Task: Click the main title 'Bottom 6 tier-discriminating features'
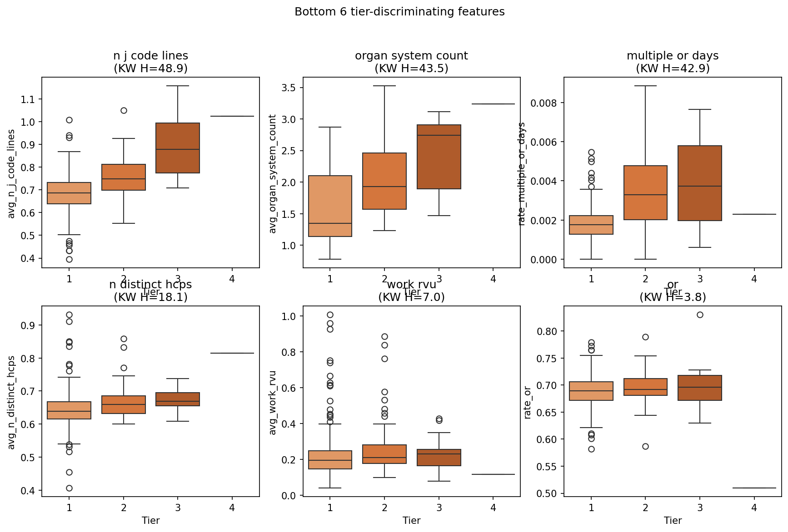click(399, 12)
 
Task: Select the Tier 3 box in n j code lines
click(178, 148)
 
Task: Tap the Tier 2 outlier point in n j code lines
click(124, 110)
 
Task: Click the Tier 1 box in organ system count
click(330, 206)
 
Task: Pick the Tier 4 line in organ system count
click(493, 104)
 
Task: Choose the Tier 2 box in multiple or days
click(645, 192)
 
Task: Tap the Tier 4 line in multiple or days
click(754, 214)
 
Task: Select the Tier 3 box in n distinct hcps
click(178, 399)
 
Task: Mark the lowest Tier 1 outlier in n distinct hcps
click(69, 488)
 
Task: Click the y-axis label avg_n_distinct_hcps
click(11, 402)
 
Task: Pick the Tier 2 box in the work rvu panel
click(384, 454)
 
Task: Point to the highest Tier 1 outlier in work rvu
click(330, 315)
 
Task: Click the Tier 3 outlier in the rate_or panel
click(700, 315)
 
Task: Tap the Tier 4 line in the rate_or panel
click(754, 488)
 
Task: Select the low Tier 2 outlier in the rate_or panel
click(645, 446)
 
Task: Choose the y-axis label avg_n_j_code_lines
click(11, 173)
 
